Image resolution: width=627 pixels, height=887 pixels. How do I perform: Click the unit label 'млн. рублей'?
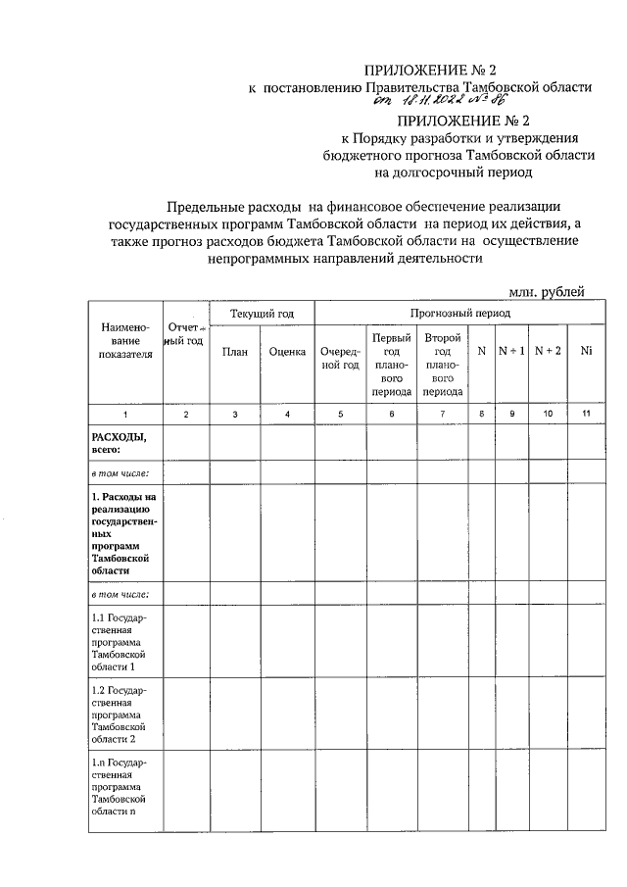coord(547,290)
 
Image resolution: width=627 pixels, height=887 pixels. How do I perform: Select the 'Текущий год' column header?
coord(262,314)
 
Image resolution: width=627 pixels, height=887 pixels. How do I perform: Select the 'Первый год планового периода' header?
coord(391,364)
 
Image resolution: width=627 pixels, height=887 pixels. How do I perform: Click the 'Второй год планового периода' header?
coord(442,364)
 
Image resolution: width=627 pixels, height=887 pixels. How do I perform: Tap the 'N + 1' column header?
coord(511,351)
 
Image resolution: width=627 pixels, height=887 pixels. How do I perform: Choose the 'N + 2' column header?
coord(548,351)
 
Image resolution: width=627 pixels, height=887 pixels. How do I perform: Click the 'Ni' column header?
coord(586,351)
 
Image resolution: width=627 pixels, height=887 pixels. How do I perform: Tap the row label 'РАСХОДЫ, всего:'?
coord(119,443)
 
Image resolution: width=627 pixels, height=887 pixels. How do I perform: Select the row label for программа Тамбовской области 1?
coord(119,640)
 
